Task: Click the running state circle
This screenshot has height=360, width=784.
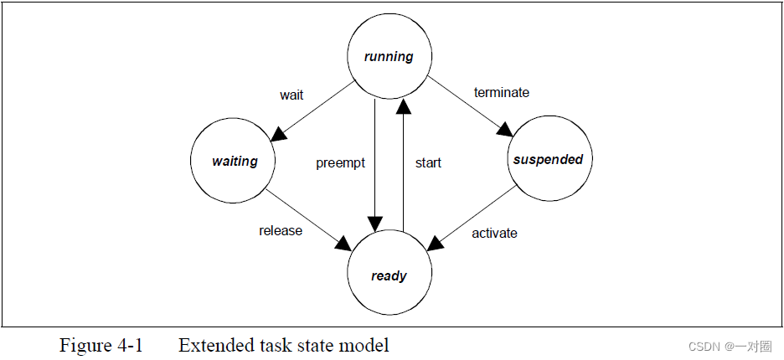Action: click(x=389, y=57)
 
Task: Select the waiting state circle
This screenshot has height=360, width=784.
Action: click(x=235, y=161)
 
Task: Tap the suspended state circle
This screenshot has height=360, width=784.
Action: click(x=547, y=159)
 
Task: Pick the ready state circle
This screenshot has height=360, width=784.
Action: click(x=389, y=275)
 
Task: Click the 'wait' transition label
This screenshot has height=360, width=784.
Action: click(x=291, y=95)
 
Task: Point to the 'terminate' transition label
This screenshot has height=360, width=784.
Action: click(x=502, y=92)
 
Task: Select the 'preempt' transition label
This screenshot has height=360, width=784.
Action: click(x=340, y=162)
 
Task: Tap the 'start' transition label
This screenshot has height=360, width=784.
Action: click(x=428, y=162)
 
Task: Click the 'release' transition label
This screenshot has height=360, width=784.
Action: click(x=281, y=230)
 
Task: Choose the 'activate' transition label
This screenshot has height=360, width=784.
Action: click(x=494, y=233)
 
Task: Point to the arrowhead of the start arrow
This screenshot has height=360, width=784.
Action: click(x=404, y=105)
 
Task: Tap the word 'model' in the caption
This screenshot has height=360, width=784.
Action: click(x=368, y=345)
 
